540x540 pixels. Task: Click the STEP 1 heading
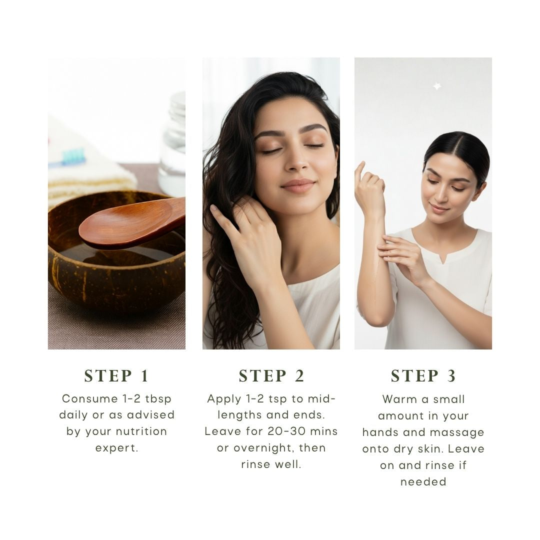tap(116, 375)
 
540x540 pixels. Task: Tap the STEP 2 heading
tap(271, 375)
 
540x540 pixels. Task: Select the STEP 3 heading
tap(423, 375)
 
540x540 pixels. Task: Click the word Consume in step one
tap(90, 399)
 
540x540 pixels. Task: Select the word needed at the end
tap(423, 482)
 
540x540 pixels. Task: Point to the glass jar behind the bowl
tap(172, 144)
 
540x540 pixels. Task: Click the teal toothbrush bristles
tap(73, 156)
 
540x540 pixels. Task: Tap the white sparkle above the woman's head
tap(437, 86)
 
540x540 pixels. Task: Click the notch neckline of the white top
tap(444, 257)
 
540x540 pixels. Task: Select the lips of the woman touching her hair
tap(298, 186)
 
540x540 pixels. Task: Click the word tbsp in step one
tap(158, 399)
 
